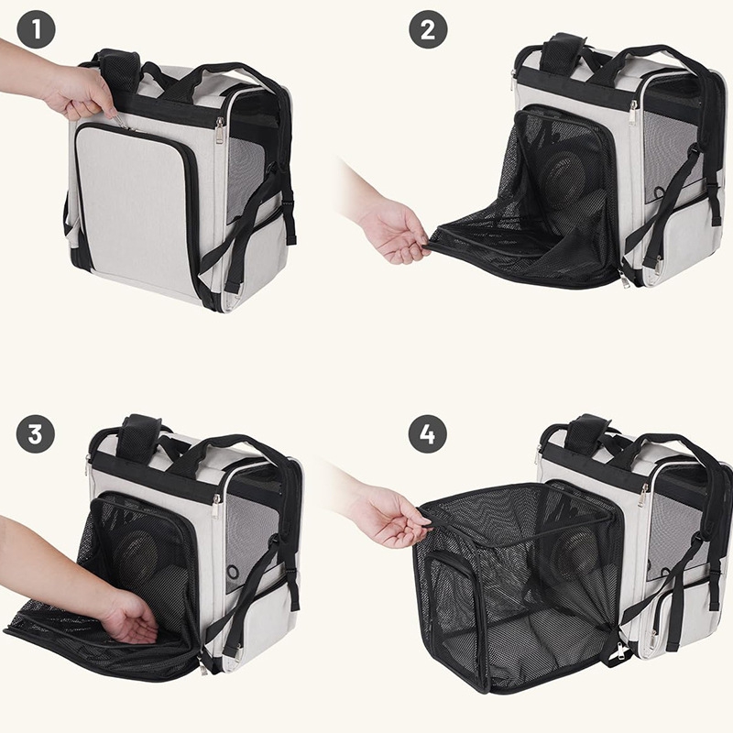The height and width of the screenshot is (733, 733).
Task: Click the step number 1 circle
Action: tap(36, 29)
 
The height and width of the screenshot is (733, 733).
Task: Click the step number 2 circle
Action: tap(428, 29)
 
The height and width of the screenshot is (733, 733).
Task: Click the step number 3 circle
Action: tap(36, 433)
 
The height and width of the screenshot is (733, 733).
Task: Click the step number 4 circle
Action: tap(428, 433)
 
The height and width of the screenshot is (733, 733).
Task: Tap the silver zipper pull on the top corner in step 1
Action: tap(220, 130)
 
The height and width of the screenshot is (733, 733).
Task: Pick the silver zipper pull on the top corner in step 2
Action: tap(633, 111)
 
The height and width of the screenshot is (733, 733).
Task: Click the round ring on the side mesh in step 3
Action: tap(232, 572)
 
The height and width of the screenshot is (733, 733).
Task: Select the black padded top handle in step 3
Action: tap(138, 437)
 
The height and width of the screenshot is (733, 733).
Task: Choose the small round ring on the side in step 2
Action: tap(659, 192)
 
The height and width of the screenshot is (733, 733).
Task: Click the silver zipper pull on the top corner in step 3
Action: tap(216, 506)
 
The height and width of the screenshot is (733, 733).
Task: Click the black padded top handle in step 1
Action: tap(119, 70)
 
